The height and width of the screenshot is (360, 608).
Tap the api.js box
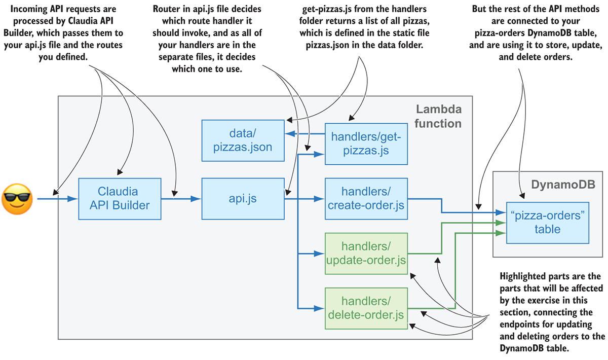point(243,198)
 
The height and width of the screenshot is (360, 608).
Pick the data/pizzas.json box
point(243,140)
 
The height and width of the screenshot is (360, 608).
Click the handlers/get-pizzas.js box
point(366,143)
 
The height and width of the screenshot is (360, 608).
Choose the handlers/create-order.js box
point(366,198)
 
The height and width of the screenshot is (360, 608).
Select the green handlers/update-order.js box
point(366,253)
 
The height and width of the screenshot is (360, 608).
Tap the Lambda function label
point(439,116)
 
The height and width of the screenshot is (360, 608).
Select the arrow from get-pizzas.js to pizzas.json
point(304,134)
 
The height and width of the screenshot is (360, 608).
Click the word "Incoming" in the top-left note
point(30,9)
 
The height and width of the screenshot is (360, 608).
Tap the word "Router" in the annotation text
point(165,9)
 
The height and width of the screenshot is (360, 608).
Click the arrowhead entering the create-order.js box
point(320,199)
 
